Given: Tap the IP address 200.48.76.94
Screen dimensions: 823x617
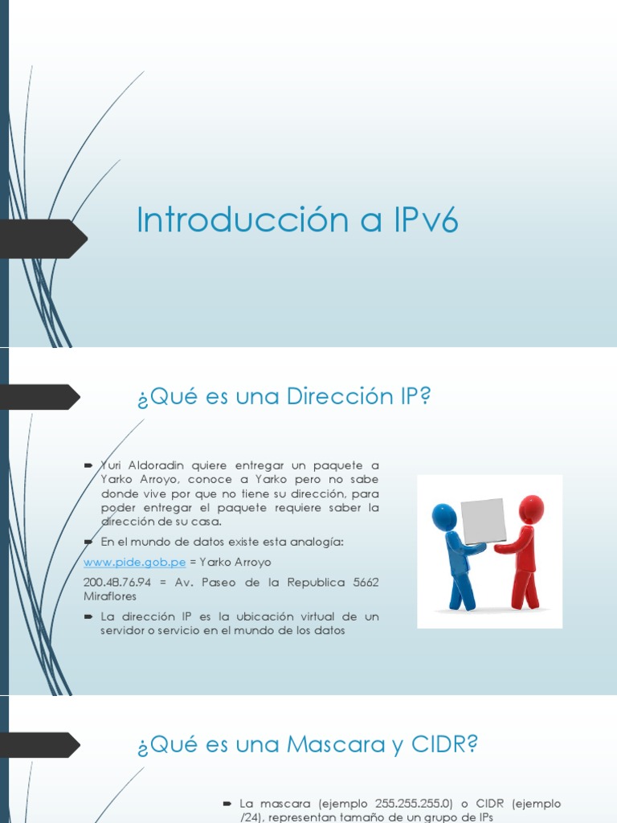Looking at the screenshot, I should pyautogui.click(x=114, y=582).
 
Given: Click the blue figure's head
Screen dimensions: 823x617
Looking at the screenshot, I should pyautogui.click(x=444, y=517).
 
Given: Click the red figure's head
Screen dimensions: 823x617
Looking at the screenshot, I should pyautogui.click(x=531, y=509).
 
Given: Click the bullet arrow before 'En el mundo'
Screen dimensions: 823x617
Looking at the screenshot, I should pyautogui.click(x=88, y=543).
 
